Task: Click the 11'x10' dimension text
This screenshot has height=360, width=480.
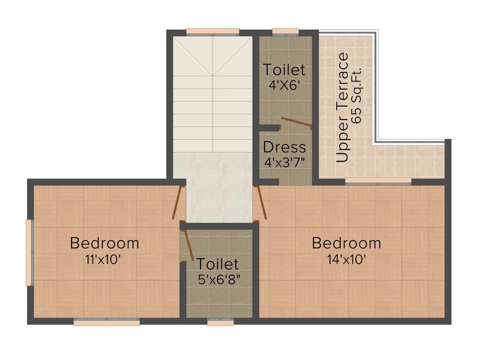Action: (105, 259)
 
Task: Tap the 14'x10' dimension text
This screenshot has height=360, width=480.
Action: (346, 259)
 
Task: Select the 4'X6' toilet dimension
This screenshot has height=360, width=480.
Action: (284, 86)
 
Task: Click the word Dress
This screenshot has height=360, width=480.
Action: (284, 147)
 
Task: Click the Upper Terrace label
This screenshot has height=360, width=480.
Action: (343, 107)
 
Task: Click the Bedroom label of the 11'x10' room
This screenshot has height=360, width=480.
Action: (105, 243)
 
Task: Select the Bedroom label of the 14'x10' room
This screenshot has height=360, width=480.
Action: (346, 243)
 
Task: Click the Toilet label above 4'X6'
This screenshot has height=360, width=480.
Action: (284, 70)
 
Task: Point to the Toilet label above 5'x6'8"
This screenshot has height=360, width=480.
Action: (217, 264)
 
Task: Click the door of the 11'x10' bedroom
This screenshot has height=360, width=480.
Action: (177, 202)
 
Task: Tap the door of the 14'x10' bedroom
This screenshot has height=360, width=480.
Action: (261, 202)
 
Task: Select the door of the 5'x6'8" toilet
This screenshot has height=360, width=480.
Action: (188, 244)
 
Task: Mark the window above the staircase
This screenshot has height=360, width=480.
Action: (213, 32)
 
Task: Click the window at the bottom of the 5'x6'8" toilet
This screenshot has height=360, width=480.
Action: (220, 322)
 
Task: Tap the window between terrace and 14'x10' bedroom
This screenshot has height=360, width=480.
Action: (378, 181)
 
